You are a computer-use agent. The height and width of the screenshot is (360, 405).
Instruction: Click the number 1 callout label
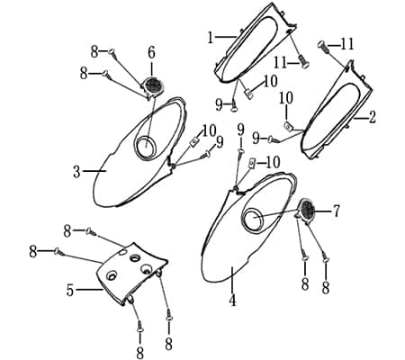point(211,38)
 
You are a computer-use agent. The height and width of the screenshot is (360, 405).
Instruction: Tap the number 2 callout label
point(372,117)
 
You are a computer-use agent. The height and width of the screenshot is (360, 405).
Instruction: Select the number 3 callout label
point(76,172)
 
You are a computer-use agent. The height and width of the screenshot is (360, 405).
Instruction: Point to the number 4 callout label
point(232,300)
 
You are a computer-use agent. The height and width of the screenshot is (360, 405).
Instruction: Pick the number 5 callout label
point(70,290)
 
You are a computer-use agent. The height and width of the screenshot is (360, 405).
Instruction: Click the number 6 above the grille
point(151,53)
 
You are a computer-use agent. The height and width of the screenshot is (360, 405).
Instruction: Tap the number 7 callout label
point(337,211)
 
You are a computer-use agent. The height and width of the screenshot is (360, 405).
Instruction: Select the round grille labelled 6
point(154,85)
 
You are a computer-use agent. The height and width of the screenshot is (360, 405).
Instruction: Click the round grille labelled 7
point(306,210)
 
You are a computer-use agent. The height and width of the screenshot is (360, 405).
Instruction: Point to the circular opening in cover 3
point(146,147)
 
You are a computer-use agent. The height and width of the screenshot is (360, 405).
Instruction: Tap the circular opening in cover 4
point(253,218)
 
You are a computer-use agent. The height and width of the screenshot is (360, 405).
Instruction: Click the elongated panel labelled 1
point(255,42)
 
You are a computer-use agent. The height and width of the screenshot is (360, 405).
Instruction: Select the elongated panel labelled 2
point(337,110)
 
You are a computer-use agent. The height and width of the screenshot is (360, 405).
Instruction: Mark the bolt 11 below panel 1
point(303,61)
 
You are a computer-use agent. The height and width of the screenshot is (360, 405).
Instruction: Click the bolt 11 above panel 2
point(323,48)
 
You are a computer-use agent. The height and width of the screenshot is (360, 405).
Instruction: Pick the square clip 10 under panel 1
point(249,94)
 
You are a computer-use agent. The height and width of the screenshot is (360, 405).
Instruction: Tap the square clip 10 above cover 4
point(252,164)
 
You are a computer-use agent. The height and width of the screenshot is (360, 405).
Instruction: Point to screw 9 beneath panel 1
point(234,106)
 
